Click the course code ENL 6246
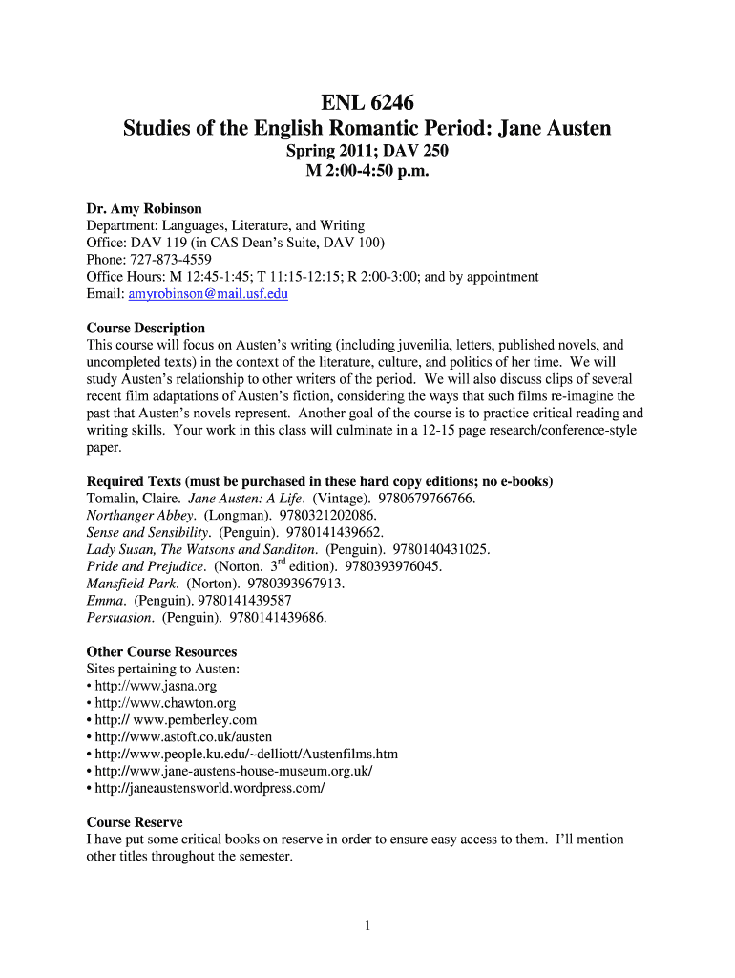tap(367, 100)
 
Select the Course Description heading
tap(146, 328)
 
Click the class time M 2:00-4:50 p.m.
tap(367, 172)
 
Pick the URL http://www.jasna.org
tap(156, 686)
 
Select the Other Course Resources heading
tap(161, 652)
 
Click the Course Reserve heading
tap(135, 822)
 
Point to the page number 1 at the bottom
tap(367, 925)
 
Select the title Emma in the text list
tap(105, 601)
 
